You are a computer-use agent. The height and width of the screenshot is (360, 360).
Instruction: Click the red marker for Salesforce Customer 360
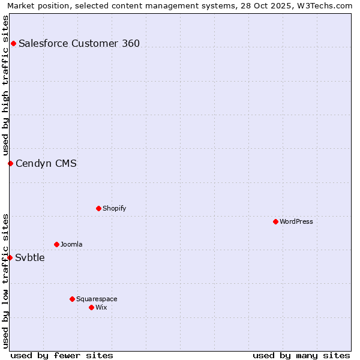[13, 43]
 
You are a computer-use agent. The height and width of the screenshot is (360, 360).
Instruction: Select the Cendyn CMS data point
[10, 163]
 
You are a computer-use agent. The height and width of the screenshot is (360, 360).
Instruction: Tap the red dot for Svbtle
[10, 257]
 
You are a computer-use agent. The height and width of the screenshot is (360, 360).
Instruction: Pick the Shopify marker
[98, 208]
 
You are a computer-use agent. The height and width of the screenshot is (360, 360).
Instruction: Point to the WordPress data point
[275, 221]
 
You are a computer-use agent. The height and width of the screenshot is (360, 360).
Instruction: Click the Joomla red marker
[56, 244]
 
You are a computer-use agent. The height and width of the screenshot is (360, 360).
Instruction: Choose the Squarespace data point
[72, 299]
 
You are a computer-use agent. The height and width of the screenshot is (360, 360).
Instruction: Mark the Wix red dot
[91, 307]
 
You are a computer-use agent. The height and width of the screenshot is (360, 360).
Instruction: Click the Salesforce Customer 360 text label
[79, 43]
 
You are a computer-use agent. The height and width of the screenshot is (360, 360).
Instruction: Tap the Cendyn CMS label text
[46, 163]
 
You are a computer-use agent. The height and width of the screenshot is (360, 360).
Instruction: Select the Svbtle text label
[30, 258]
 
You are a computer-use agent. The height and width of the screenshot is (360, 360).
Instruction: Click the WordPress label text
[296, 221]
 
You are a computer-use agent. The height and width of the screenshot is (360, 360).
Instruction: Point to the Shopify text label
[114, 208]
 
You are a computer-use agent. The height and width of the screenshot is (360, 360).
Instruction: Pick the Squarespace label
[97, 299]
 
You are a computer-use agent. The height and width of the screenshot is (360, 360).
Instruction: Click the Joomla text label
[71, 244]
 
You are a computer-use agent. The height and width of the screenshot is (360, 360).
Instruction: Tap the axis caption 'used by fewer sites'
[62, 355]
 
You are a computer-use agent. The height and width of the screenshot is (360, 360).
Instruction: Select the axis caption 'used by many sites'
[301, 355]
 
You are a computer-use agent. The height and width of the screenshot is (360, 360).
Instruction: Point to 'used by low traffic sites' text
[5, 281]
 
